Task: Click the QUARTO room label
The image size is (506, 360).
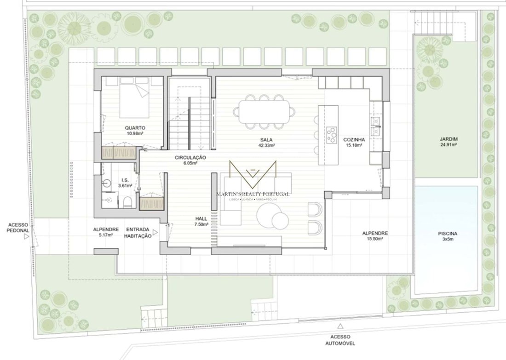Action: [x=135, y=128]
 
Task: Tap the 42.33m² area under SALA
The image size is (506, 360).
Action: [x=266, y=145]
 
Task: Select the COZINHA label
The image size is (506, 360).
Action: [x=354, y=140]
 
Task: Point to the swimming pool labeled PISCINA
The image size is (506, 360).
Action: [x=446, y=240]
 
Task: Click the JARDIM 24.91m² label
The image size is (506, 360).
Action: [x=448, y=142]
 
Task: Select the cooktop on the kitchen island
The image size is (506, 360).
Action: [x=332, y=135]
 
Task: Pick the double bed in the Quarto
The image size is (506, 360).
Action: [x=135, y=97]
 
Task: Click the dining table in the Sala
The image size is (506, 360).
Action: [x=264, y=112]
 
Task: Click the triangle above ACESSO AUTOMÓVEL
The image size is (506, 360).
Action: [x=340, y=326]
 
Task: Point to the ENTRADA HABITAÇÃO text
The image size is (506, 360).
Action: [x=138, y=233]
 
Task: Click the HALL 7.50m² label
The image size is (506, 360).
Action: [x=201, y=221]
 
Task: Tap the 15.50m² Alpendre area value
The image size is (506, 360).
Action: [x=374, y=239]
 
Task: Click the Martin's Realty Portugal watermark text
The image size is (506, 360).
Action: [x=253, y=194]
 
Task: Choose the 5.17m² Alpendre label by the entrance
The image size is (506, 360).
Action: [x=106, y=235]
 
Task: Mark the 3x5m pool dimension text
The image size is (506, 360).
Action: [x=448, y=240]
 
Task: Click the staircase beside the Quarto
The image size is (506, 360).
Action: [x=190, y=123]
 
